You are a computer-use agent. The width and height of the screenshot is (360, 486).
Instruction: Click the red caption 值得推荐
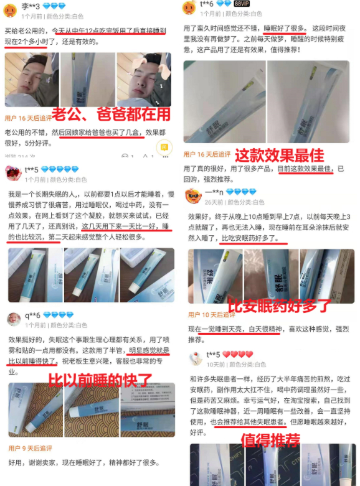click(x=271, y=440)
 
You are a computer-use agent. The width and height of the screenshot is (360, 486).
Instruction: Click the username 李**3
click(x=31, y=6)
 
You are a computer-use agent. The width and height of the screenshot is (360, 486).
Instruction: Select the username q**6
click(x=32, y=314)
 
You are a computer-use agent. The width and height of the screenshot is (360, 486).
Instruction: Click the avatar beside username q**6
click(x=13, y=319)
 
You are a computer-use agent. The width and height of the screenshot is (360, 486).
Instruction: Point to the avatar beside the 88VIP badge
click(x=189, y=8)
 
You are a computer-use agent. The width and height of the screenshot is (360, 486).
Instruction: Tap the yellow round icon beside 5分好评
click(x=165, y=147)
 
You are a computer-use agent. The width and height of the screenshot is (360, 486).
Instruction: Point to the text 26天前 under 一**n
click(x=214, y=202)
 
